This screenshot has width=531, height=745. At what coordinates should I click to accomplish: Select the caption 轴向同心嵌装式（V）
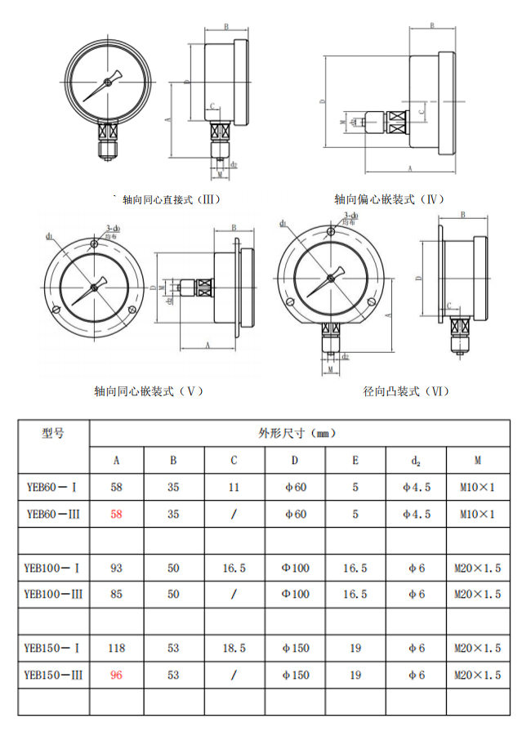click(x=148, y=391)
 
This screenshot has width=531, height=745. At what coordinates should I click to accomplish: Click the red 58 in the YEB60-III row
click(x=116, y=514)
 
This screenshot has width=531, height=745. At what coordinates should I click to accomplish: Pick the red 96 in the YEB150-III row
click(x=116, y=675)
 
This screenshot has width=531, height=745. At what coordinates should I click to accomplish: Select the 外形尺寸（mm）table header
click(x=298, y=433)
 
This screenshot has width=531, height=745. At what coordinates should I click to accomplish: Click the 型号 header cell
click(x=53, y=433)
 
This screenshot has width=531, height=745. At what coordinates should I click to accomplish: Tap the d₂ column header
click(x=416, y=460)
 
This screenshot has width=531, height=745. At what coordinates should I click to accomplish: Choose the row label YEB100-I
click(x=53, y=568)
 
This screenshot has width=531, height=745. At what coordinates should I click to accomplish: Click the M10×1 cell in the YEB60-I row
click(x=477, y=487)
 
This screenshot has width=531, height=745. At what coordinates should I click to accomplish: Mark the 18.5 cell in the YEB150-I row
click(x=234, y=648)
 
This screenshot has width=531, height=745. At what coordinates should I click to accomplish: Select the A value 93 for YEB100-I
click(x=116, y=568)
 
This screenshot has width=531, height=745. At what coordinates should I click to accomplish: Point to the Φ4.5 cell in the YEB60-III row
click(x=416, y=514)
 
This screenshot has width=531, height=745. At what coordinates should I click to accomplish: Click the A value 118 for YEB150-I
click(x=116, y=648)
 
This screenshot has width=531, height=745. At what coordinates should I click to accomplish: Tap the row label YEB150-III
click(x=53, y=675)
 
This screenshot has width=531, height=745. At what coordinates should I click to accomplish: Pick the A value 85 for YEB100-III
click(x=116, y=594)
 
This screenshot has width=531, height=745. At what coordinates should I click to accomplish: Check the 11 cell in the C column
click(x=234, y=487)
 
